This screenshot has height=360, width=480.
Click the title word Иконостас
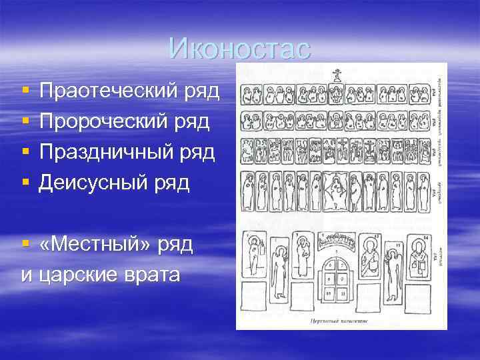click(239, 48)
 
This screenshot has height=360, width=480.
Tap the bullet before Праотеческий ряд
click(25, 90)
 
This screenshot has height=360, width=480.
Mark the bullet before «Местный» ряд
click(25, 243)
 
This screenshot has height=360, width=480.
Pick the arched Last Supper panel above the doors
click(337, 241)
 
